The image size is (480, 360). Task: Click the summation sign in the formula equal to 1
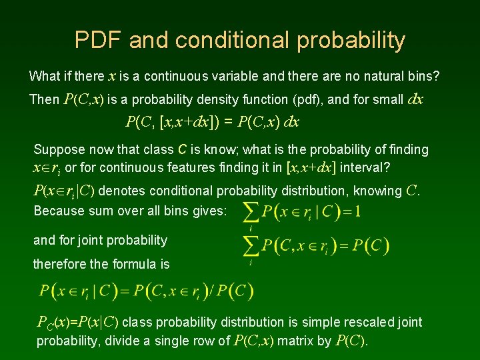tap(251, 212)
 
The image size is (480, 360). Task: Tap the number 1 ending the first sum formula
tap(359, 212)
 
